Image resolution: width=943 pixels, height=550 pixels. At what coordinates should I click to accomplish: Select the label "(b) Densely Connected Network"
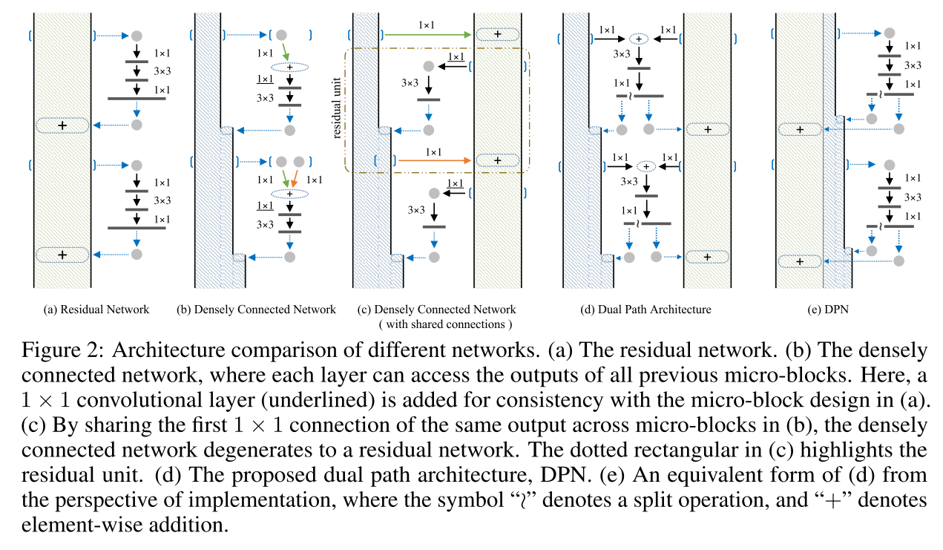pos(256,310)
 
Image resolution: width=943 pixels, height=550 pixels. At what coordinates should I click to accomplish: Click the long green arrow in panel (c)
pos(427,34)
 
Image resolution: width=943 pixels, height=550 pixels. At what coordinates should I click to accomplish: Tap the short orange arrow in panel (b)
pos(295,179)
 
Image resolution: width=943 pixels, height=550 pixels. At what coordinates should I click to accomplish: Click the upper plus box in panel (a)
pos(62,126)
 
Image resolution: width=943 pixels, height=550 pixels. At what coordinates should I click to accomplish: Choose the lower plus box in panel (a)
pos(62,255)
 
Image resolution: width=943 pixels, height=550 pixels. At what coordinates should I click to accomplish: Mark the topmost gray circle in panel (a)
pos(136,35)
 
